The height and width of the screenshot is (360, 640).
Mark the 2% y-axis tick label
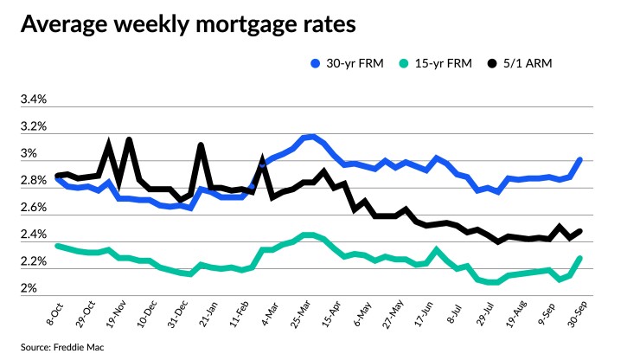[29, 288]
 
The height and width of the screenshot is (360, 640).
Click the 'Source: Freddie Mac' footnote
[52, 346]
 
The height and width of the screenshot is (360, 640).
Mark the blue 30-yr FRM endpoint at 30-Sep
[579, 160]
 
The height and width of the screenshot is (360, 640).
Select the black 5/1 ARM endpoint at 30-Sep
[579, 231]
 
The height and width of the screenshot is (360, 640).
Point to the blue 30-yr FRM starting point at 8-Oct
[58, 179]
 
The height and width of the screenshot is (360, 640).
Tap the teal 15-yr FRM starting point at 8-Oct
[58, 246]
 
